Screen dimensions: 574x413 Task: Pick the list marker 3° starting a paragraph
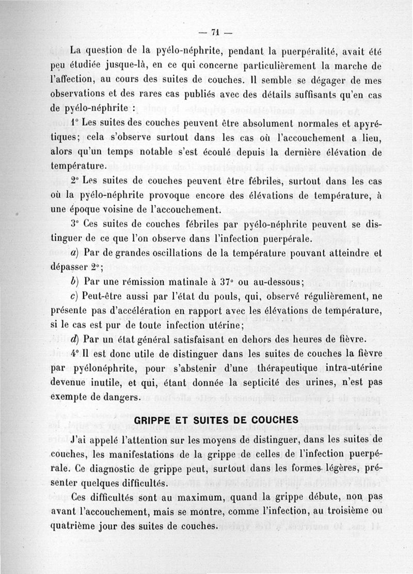[75, 225]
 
